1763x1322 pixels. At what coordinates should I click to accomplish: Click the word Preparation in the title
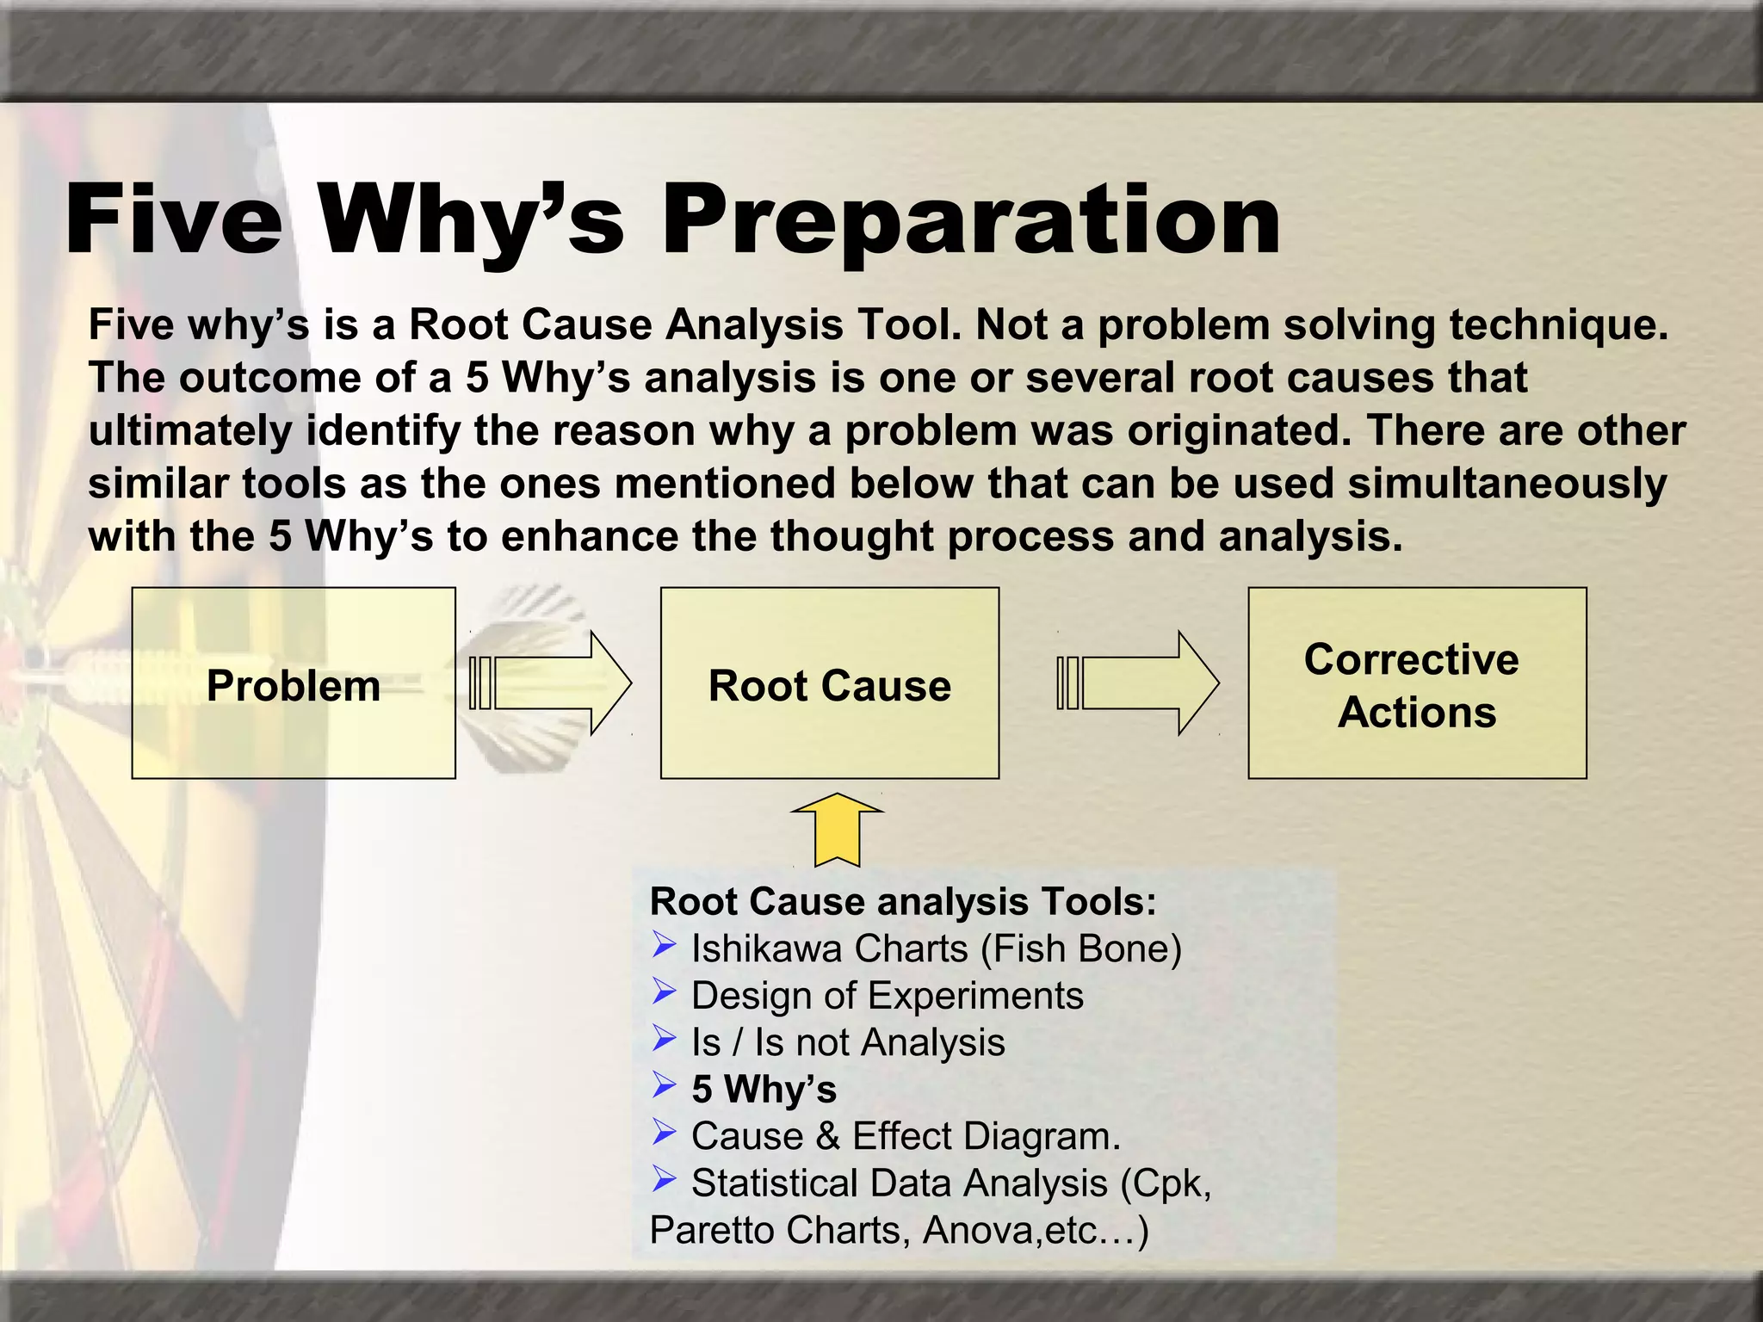pos(971,221)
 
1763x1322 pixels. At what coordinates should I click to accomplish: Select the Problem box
pos(294,683)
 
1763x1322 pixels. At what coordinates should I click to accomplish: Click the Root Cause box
pos(829,683)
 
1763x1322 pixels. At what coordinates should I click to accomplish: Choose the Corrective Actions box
pos(1416,683)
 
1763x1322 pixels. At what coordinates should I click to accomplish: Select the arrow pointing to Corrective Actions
pos(1139,683)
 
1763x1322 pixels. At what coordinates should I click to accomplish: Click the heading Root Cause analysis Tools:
pos(903,901)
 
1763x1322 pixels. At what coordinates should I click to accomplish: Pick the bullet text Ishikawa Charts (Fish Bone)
pos(936,948)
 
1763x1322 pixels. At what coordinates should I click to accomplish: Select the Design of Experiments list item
pos(887,996)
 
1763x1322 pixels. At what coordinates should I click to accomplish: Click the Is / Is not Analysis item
pos(848,1042)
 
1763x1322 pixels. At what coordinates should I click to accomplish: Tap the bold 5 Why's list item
pos(764,1090)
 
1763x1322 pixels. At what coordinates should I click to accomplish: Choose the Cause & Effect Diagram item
pos(906,1136)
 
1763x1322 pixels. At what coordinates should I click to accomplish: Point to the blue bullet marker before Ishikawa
pos(664,945)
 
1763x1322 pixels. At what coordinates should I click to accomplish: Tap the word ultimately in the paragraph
pos(190,430)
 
